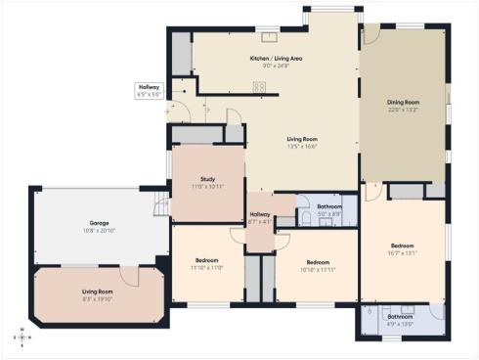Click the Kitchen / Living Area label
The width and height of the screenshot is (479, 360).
click(x=276, y=59)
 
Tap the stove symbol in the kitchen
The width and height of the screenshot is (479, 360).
click(x=261, y=86)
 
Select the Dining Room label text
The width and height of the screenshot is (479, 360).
click(x=403, y=103)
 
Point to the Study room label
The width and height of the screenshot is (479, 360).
click(x=207, y=179)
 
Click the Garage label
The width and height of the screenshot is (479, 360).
click(x=95, y=224)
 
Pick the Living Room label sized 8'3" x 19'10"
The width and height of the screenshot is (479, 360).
click(x=97, y=292)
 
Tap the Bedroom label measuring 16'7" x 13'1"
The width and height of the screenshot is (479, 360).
click(x=403, y=246)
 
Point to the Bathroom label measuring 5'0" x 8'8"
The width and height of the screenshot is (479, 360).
click(x=329, y=206)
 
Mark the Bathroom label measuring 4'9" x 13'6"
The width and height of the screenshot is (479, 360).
click(x=401, y=317)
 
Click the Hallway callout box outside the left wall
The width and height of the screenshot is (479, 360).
click(x=149, y=91)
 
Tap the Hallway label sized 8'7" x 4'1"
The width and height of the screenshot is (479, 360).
click(x=260, y=215)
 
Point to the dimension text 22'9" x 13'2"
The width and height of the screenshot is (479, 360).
click(x=403, y=110)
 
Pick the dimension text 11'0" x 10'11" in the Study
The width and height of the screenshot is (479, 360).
click(x=207, y=186)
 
